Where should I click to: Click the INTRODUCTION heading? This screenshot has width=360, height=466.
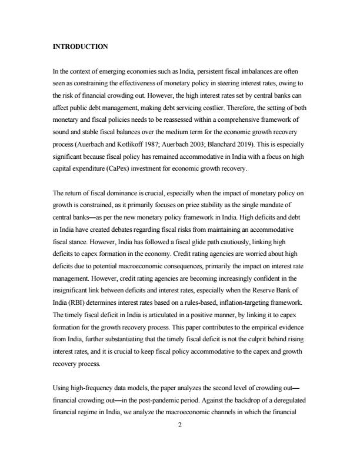pos(80,46)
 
